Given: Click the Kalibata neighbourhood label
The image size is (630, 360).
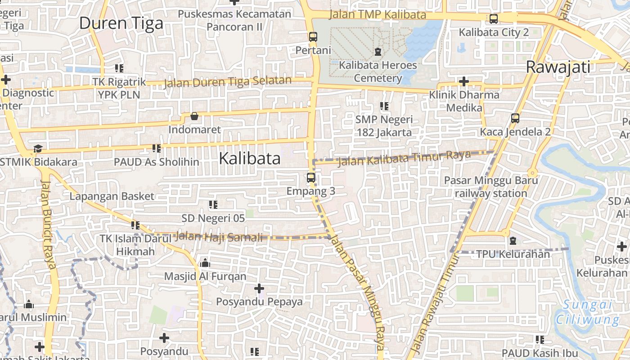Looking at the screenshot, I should point(250,158).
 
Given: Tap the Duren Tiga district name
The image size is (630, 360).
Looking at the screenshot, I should point(121,23).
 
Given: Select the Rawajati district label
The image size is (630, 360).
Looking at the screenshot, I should point(558,67).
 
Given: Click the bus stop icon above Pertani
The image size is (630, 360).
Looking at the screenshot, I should point(313,37).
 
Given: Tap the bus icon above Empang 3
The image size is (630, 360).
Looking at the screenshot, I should point(311,177).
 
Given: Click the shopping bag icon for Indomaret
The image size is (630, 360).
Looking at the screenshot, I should point(194,117).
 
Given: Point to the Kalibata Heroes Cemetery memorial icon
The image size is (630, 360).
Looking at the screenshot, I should point(378,52).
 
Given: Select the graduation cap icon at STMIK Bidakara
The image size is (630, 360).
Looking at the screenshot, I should point(38,148).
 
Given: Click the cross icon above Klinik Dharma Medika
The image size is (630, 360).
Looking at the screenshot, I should point(463,81).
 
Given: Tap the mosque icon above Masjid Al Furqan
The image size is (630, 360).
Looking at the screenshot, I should point(205,263).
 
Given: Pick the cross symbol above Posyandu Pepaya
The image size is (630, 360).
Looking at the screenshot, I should point(259,288).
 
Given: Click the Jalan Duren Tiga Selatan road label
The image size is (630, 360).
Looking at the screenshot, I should point(227,82).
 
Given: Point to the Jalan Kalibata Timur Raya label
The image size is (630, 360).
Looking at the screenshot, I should point(404,158).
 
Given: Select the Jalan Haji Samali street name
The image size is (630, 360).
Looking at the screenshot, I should point(218,237).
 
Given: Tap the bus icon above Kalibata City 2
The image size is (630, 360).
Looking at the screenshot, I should point(494,19).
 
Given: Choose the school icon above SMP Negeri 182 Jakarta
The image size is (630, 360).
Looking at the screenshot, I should point(384,106).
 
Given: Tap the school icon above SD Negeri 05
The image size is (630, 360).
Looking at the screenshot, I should point(213,205).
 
